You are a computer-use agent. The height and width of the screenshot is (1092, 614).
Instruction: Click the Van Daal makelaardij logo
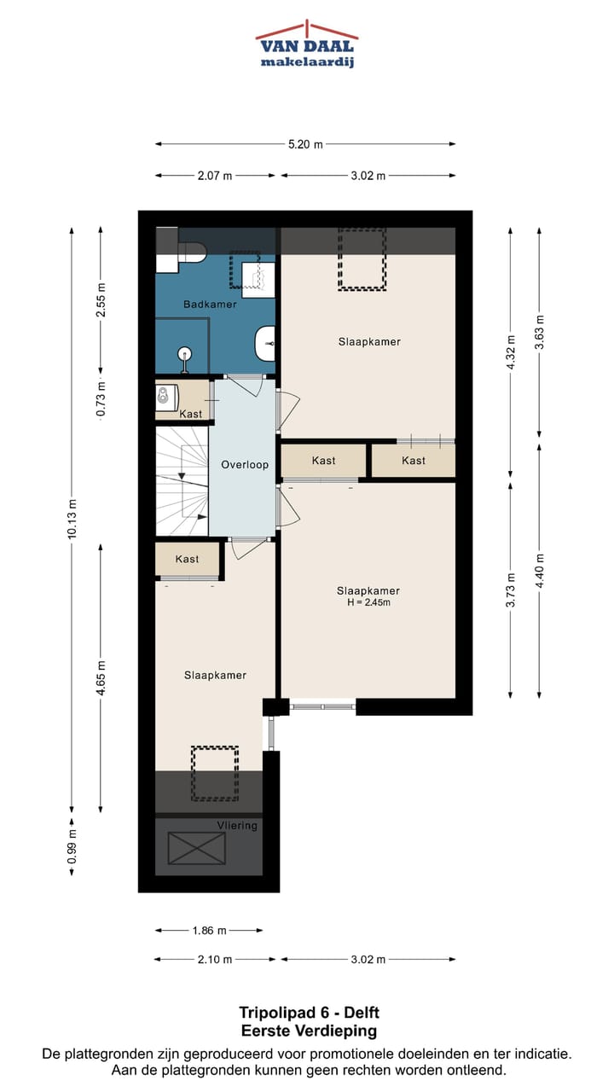[x=307, y=44]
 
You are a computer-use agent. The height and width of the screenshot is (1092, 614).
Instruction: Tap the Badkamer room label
[x=210, y=305]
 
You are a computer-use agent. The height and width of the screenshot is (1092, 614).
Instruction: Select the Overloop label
[x=245, y=465]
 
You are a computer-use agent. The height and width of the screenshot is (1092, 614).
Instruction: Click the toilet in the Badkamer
[x=192, y=251]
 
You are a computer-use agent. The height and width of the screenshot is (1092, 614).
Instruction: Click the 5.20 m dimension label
[x=305, y=144]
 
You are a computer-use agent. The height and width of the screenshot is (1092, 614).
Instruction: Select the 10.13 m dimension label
[x=72, y=519]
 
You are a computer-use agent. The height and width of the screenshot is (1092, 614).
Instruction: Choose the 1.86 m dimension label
[x=210, y=930]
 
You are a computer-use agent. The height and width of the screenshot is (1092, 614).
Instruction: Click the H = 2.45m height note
[x=369, y=602]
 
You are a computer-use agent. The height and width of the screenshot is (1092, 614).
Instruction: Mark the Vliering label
[x=237, y=825]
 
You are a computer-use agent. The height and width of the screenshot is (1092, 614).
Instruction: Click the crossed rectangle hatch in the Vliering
[x=197, y=848]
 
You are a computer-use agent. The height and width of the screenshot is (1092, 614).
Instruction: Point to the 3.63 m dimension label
[x=540, y=333]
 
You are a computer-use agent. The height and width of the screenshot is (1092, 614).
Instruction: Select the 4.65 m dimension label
[x=101, y=678]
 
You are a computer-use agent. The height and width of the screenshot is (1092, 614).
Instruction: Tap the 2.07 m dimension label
[x=215, y=176]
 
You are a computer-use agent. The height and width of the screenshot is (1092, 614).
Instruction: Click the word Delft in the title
[x=362, y=1013]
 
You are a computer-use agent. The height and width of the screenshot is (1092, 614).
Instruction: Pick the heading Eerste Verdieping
[x=309, y=1031]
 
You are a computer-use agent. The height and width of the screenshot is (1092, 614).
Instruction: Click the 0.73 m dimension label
[x=101, y=399]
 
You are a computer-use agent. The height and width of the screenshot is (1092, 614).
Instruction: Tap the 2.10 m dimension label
[x=215, y=960]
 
